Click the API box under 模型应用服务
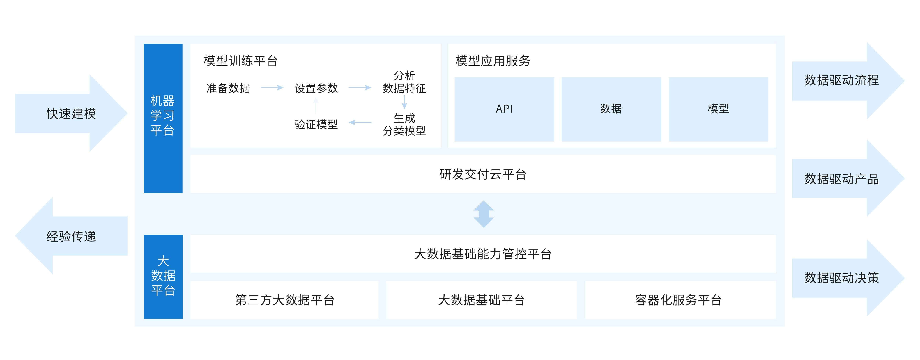pos(504,109)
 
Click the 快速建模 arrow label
pos(71,114)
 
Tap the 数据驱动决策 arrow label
pos(841,278)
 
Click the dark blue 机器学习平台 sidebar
pos(163,118)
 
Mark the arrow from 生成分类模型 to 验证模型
pos(360,123)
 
